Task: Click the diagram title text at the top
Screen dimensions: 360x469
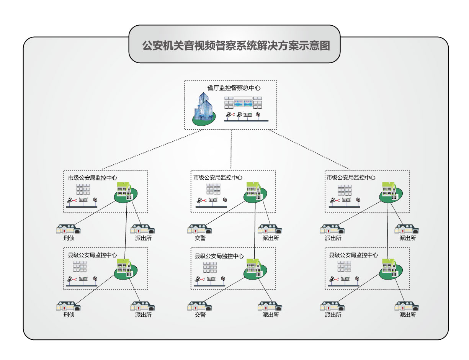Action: click(235, 46)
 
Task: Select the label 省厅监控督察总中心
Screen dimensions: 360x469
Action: click(234, 88)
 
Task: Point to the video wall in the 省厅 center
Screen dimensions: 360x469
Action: click(243, 103)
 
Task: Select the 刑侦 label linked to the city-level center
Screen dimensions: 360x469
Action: click(69, 238)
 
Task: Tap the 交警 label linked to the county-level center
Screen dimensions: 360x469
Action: click(200, 315)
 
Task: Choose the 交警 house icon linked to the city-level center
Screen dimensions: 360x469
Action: click(199, 229)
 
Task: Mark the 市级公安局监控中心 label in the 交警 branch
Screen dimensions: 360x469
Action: click(218, 178)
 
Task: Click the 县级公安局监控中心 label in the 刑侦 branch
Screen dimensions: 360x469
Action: click(92, 255)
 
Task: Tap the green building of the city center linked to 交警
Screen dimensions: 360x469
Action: click(254, 191)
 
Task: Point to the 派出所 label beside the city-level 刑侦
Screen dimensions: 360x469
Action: click(143, 238)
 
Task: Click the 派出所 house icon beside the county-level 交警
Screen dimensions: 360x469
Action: click(271, 306)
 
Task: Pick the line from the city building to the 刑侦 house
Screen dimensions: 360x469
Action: click(96, 212)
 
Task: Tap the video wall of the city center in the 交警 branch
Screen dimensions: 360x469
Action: click(214, 189)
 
